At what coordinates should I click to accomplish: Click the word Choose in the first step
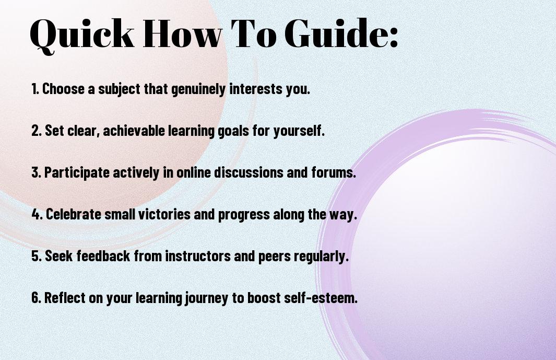point(64,89)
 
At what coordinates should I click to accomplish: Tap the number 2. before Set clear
point(37,131)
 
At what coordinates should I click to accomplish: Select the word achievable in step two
point(134,131)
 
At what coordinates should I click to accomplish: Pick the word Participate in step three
point(77,173)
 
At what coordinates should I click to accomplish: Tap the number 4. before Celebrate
point(37,214)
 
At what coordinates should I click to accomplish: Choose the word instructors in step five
point(198,256)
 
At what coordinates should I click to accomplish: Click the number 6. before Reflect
point(37,297)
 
